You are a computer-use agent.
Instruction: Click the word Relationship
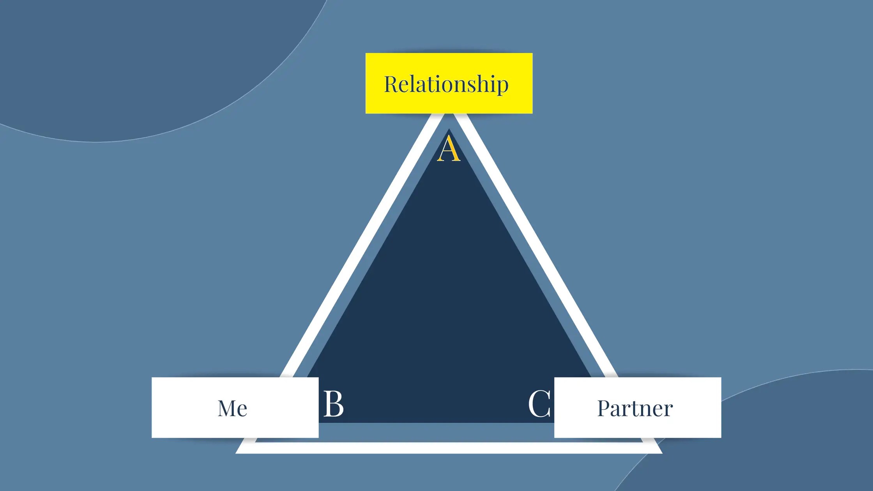(446, 84)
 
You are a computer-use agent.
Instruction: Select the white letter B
(333, 404)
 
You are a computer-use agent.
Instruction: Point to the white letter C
(539, 404)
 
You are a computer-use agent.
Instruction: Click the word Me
(232, 408)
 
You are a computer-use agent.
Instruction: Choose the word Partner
(635, 408)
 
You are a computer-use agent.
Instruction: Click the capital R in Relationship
(391, 84)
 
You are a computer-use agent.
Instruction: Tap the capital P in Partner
(604, 408)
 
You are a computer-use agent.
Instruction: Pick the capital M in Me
(226, 408)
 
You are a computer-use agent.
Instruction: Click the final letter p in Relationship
(502, 86)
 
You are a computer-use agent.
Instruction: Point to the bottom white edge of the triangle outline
(448, 448)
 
